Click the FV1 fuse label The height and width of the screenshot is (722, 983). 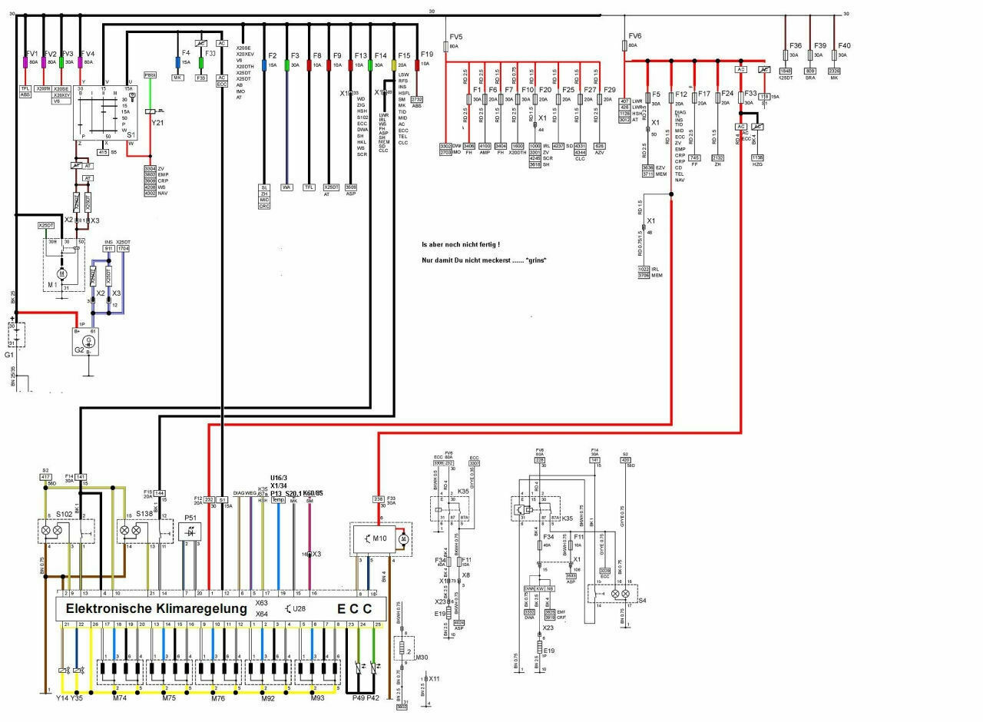[x=31, y=53]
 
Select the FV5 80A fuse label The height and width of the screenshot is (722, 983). [x=456, y=37]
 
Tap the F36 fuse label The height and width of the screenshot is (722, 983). [x=795, y=45]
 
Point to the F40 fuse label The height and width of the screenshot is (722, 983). [x=844, y=45]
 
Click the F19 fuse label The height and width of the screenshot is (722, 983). [x=427, y=54]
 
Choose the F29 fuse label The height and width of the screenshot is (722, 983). [x=610, y=90]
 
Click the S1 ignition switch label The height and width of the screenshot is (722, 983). [x=131, y=134]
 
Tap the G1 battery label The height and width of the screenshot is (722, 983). [x=8, y=356]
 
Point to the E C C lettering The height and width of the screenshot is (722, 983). [x=355, y=608]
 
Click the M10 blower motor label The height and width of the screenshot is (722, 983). [x=379, y=538]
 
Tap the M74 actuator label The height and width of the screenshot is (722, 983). [x=120, y=697]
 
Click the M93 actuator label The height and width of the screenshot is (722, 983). [x=318, y=697]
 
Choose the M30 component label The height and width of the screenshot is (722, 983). [x=420, y=657]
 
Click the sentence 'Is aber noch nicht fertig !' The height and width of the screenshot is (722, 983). [x=461, y=244]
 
